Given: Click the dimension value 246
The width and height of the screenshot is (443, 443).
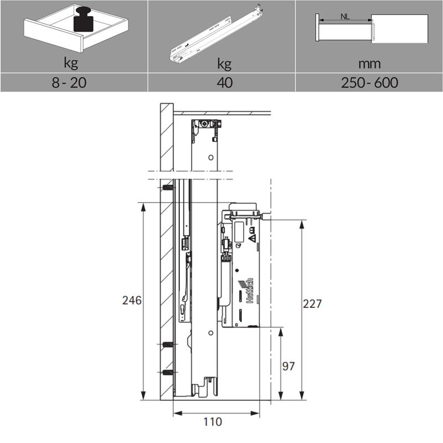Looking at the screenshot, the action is click(132, 300).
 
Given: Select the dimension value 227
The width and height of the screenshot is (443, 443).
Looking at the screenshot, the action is click(312, 303).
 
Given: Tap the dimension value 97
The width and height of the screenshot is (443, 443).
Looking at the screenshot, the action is click(288, 366).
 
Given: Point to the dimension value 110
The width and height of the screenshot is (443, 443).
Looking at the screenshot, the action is click(213, 422).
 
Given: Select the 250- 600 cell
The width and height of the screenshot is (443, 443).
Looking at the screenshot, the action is click(369, 83).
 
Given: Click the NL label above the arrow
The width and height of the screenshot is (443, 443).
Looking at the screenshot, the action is click(345, 17).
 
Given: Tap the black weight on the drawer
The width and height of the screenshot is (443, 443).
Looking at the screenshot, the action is click(83, 19).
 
